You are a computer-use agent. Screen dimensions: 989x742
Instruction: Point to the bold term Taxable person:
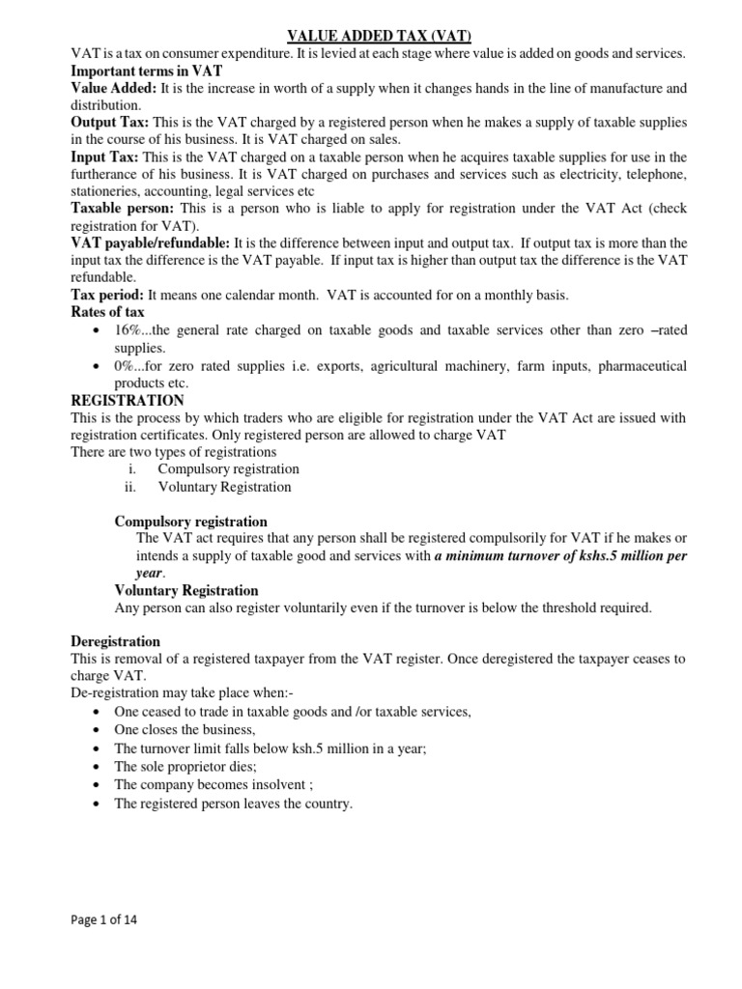tap(123, 208)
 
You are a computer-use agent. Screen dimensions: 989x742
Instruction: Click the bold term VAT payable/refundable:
tap(151, 242)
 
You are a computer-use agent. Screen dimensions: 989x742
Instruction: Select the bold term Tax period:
tap(108, 294)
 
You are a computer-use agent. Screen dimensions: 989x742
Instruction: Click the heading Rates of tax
tap(108, 312)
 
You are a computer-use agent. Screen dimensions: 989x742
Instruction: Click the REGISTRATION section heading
tap(128, 400)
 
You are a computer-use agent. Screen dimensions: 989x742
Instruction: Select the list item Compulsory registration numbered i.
tap(228, 468)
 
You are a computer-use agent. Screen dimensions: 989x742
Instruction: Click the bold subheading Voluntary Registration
tap(186, 590)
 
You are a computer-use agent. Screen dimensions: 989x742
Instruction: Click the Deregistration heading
tap(116, 641)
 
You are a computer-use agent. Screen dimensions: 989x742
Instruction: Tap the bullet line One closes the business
tap(185, 729)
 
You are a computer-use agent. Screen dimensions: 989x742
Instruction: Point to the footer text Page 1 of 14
tap(104, 919)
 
